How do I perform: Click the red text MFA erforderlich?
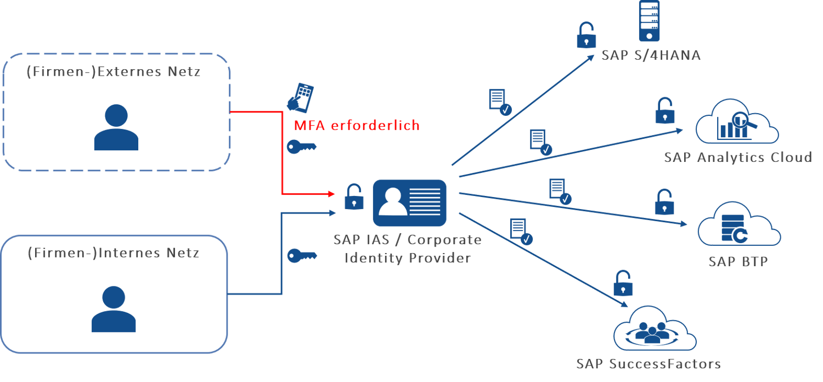[x=357, y=125]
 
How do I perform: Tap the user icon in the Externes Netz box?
[x=116, y=127]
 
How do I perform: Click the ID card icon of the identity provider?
[x=409, y=203]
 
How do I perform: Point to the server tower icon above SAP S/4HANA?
[x=649, y=20]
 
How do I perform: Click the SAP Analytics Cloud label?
[x=737, y=158]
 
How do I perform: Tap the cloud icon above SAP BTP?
[x=739, y=225]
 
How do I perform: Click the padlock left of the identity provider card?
[x=354, y=197]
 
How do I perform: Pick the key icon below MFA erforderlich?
[x=302, y=147]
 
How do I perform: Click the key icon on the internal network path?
[x=302, y=256]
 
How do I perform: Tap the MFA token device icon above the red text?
[x=301, y=98]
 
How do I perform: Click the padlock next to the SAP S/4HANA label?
[x=587, y=35]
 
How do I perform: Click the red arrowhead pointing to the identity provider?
[x=330, y=194]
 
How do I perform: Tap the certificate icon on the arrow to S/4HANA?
[x=499, y=103]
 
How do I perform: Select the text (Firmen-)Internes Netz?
[x=113, y=253]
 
